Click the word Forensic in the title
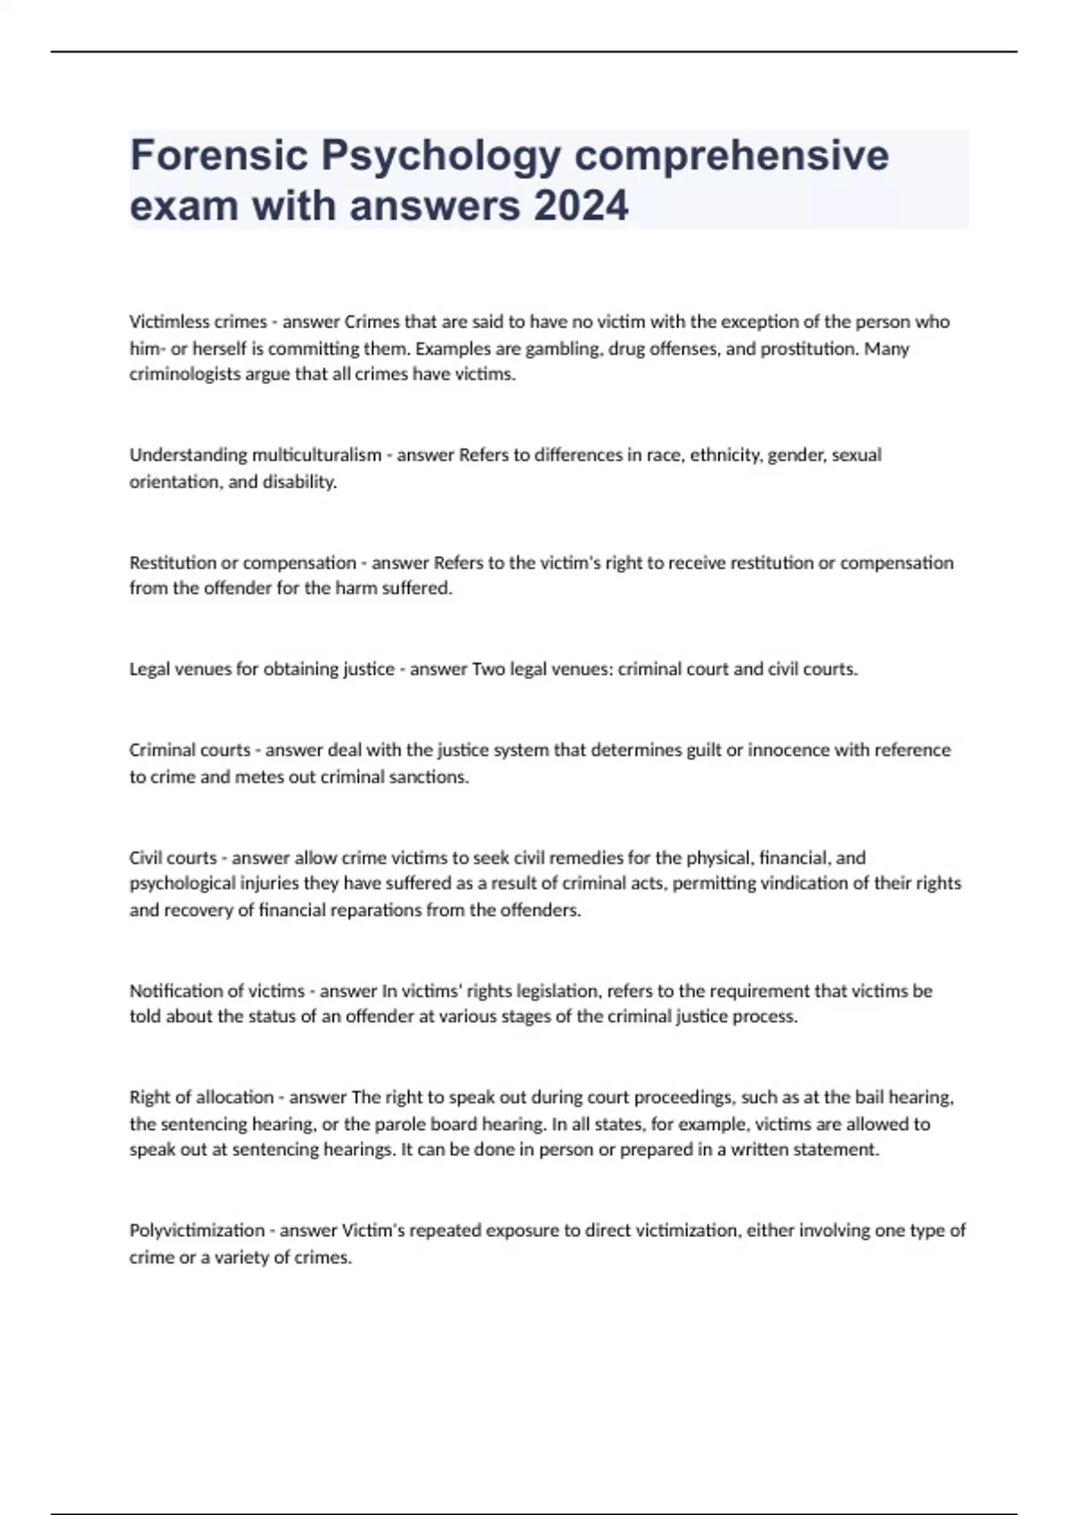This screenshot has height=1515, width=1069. [x=219, y=155]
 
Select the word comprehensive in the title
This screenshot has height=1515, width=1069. [x=731, y=155]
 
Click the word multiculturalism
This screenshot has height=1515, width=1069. [x=316, y=455]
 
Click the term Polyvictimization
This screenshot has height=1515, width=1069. [x=197, y=1231]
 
